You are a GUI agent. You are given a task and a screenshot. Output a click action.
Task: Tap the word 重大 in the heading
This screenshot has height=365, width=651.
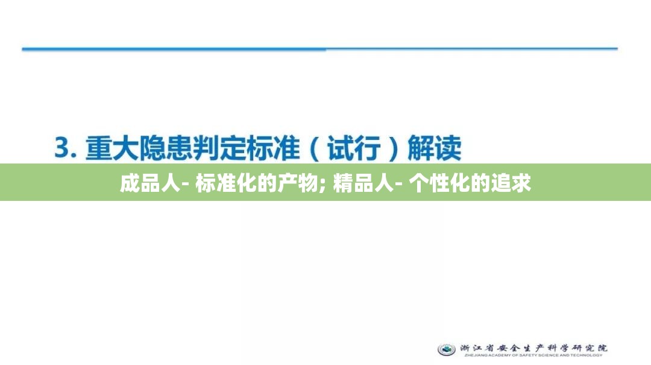pos(111,148)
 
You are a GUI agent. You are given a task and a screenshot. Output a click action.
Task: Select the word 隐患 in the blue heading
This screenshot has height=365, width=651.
pos(165,148)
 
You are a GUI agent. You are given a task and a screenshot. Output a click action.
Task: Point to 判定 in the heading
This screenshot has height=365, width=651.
pos(219,148)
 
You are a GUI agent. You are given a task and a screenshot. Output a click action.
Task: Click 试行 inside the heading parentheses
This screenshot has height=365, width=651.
pos(354,148)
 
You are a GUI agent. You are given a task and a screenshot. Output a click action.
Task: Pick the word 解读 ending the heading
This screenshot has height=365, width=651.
pos(435,148)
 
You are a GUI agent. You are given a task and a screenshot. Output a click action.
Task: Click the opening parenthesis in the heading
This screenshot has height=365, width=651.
pos(315,148)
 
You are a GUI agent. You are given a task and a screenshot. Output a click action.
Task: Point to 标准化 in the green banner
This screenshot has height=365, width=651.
pos(222,183)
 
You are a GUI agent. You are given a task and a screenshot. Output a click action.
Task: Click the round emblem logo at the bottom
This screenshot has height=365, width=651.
pos(447,349)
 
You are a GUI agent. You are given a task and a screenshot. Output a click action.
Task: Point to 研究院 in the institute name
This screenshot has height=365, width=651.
pos(588,348)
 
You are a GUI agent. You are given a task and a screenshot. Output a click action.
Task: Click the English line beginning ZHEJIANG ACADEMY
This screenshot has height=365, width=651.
pos(530,355)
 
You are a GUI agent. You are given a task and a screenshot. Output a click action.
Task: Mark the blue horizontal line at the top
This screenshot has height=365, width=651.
pos(319,49)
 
